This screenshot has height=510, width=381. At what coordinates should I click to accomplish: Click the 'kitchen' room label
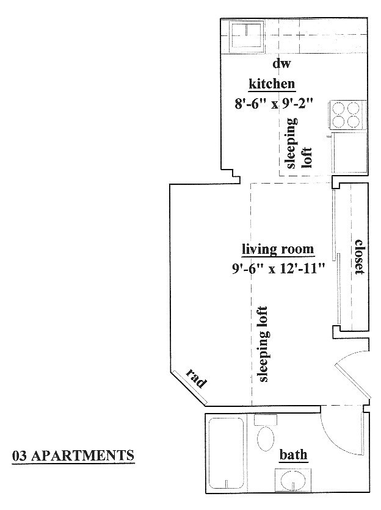coord(272,84)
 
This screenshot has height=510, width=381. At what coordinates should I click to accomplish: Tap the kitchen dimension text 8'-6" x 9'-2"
coord(274,104)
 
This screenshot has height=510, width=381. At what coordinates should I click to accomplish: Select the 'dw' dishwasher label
coord(281,63)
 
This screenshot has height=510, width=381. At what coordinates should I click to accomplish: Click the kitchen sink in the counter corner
coord(246,36)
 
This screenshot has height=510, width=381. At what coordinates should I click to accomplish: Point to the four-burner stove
coord(346,115)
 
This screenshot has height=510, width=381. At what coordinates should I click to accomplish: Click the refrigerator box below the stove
coord(349,153)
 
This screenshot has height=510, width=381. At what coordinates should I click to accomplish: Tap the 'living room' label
coord(278,250)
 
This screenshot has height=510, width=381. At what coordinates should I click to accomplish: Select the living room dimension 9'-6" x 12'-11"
coord(278,268)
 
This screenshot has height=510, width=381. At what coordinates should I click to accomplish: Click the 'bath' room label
coord(293,454)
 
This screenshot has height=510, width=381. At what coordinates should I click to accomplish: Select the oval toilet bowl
coord(266,439)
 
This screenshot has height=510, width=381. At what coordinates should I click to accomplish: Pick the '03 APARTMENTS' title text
coord(73,455)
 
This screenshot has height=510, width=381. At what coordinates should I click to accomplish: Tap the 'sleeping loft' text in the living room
coord(262,344)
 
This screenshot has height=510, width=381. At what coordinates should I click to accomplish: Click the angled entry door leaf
coord(353,380)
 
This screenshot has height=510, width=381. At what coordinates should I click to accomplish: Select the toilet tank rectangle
coord(266,420)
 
